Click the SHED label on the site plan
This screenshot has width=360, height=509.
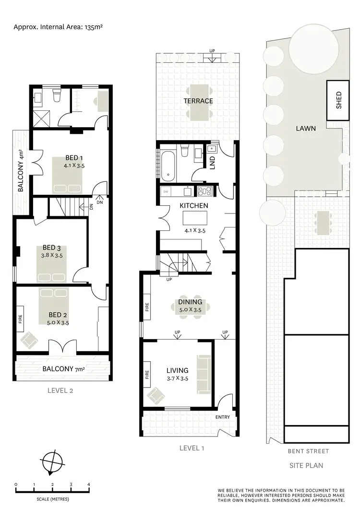[x=338, y=100]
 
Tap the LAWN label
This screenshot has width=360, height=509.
[x=306, y=129]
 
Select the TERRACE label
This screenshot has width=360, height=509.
[x=198, y=101]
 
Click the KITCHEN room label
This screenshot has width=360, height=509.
[x=194, y=205]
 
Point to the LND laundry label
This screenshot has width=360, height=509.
[x=212, y=163]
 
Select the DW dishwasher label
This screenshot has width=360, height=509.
[x=166, y=191]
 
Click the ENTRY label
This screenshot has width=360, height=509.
[x=223, y=417]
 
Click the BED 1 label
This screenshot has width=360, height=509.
[x=74, y=158]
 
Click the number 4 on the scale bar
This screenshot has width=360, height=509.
[x=89, y=484]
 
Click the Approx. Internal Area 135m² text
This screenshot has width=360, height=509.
[x=58, y=27]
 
